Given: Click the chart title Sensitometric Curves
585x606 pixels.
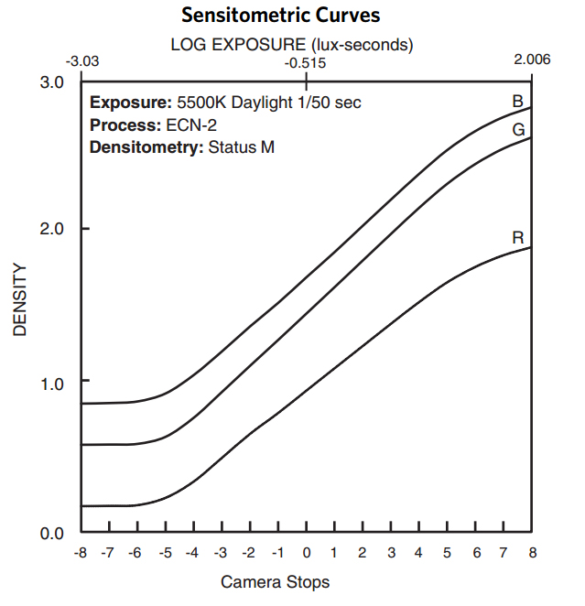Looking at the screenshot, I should (x=280, y=16).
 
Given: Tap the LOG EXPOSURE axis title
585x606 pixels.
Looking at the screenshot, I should (x=292, y=44).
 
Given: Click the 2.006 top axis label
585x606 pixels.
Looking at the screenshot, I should (x=532, y=60).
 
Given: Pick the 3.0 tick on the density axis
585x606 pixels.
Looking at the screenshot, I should (x=53, y=82).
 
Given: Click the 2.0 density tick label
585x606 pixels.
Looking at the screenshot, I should (x=53, y=228).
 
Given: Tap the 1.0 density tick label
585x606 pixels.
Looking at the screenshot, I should (x=53, y=382).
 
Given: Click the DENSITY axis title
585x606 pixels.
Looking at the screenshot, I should (x=19, y=301).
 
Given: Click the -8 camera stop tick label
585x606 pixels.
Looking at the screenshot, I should (x=81, y=553).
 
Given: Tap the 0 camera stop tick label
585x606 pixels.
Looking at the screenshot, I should (x=306, y=553).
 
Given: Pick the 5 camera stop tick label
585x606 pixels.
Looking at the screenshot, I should (x=447, y=553).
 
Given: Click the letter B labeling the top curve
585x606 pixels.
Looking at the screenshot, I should (x=517, y=102).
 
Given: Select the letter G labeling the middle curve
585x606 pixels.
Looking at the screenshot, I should (x=518, y=130).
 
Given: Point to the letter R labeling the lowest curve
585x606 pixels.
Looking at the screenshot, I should (x=518, y=238).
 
